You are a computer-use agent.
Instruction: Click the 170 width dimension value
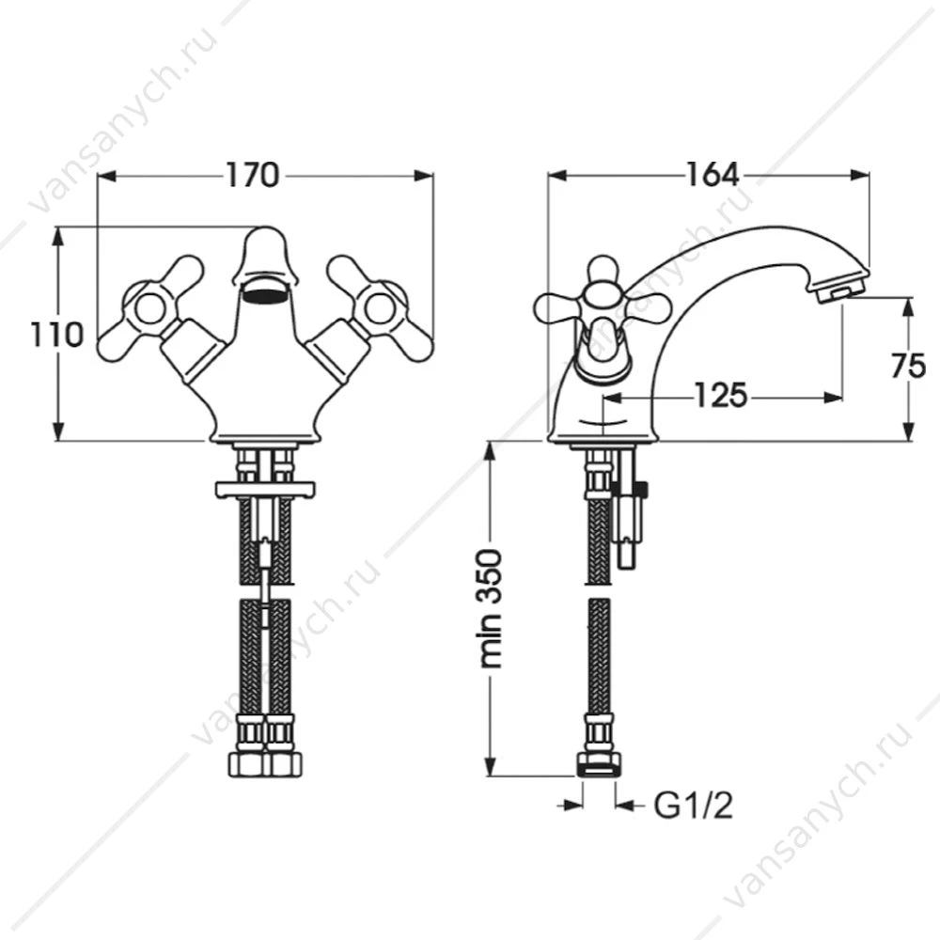(252, 175)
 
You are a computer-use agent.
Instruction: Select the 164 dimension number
(712, 175)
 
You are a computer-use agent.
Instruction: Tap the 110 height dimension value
(57, 335)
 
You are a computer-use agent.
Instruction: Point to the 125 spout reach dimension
(721, 396)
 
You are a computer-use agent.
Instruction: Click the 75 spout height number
(908, 366)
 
